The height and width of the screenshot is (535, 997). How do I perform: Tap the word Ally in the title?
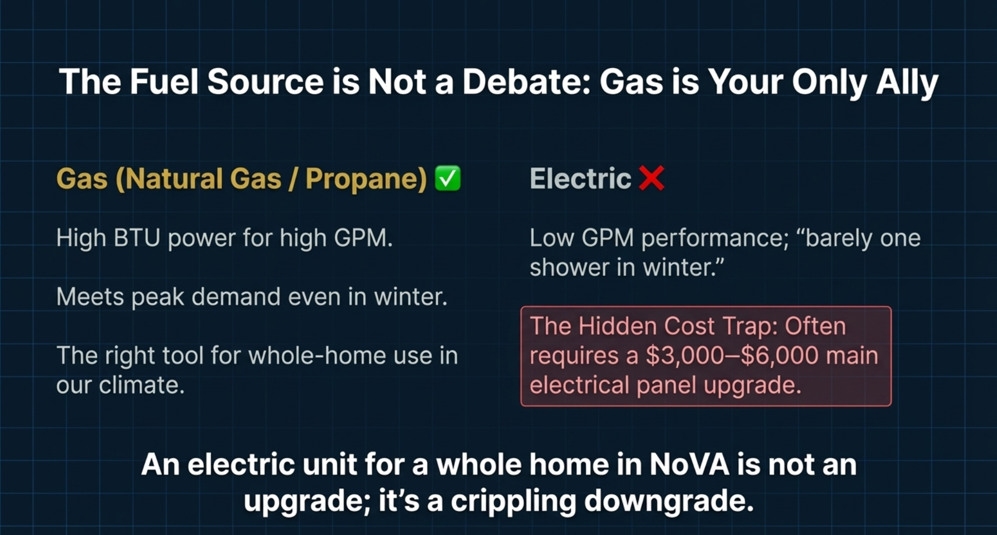tap(906, 82)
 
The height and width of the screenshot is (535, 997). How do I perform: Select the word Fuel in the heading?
tap(164, 82)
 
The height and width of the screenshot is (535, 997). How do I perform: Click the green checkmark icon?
tap(448, 179)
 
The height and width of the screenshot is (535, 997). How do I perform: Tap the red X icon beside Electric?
tap(651, 179)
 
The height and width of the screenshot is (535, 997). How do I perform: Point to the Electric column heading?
tap(580, 179)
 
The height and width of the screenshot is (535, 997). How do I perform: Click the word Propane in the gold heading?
tap(366, 179)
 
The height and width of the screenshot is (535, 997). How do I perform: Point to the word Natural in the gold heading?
tap(174, 179)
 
